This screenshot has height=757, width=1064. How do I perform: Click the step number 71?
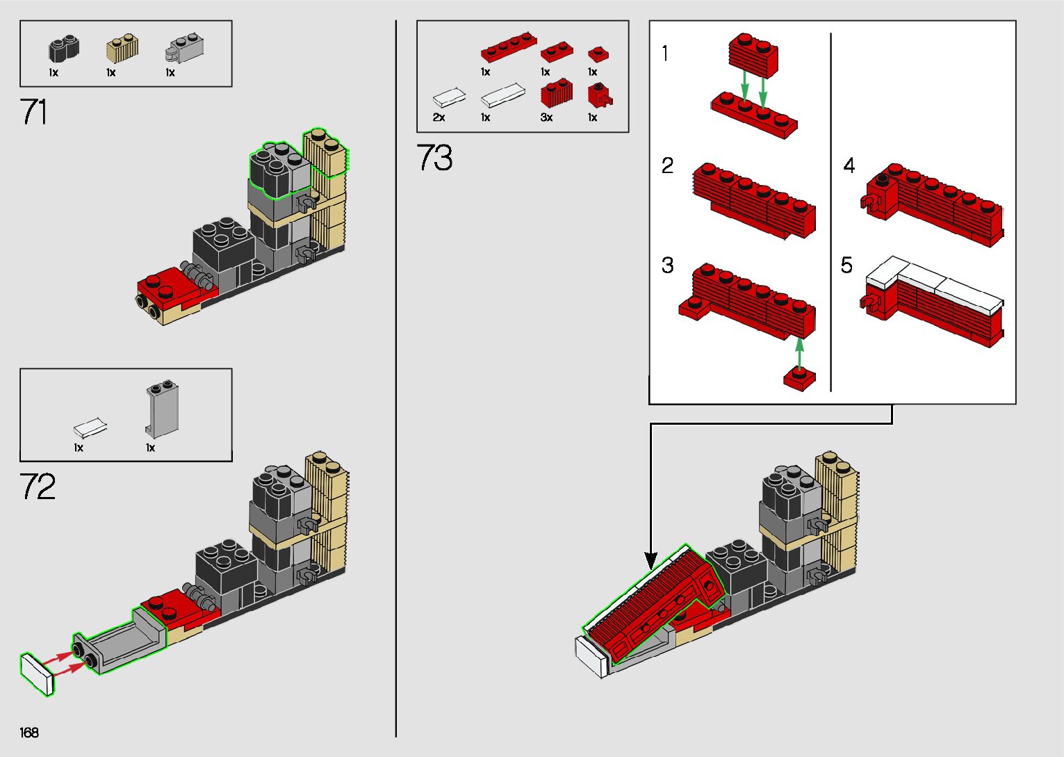click(34, 112)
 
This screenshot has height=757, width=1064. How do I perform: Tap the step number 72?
click(38, 487)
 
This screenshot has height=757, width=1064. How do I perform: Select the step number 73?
click(434, 158)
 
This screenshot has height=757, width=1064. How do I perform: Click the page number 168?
click(29, 733)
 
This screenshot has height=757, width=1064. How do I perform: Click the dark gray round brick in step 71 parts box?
click(63, 49)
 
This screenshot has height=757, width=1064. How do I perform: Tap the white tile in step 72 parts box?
click(90, 426)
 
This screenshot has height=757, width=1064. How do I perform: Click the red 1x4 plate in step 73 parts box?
click(508, 48)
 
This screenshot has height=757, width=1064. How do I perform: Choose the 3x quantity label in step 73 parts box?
click(546, 117)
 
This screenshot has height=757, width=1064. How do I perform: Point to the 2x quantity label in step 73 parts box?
click(439, 117)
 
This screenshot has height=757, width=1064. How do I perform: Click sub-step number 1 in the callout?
click(665, 54)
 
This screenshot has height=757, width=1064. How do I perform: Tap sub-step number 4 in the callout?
click(849, 165)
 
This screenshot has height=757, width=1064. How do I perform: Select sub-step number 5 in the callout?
click(846, 265)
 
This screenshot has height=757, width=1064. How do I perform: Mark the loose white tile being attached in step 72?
click(38, 673)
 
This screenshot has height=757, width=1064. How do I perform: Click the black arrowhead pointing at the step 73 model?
click(651, 560)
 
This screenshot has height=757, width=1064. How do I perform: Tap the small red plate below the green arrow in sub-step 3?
click(799, 377)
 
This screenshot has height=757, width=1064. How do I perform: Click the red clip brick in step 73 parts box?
click(598, 95)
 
